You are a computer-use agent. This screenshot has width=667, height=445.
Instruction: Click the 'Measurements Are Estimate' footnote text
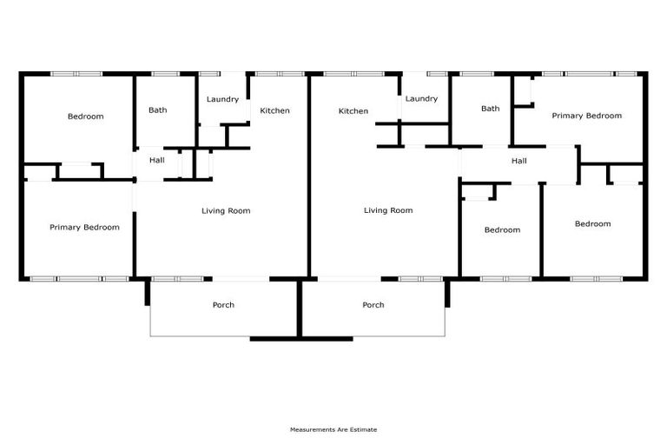point(333,429)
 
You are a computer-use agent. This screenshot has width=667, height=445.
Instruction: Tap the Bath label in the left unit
point(157,110)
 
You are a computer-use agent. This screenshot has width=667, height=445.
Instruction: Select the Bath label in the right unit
point(491,109)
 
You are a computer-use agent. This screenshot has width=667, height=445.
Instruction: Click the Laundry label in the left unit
point(222,99)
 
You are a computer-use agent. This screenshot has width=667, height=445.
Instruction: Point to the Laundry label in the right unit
point(421,99)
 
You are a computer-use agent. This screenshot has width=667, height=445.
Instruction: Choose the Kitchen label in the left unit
point(275,110)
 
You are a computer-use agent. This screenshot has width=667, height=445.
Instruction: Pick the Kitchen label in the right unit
point(353,111)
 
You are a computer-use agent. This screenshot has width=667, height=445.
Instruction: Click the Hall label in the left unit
point(157,160)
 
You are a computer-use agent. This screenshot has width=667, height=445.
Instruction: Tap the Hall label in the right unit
point(519,161)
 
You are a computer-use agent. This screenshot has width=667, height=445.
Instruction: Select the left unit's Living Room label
point(226,210)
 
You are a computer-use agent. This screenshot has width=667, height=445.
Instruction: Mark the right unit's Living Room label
point(388,210)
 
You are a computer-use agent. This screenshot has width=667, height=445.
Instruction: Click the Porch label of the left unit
point(223,305)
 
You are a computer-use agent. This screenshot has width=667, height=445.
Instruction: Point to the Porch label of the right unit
point(373,305)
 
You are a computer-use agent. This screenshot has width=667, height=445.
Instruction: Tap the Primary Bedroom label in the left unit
point(84,227)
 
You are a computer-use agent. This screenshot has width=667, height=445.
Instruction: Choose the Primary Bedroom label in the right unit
point(587,116)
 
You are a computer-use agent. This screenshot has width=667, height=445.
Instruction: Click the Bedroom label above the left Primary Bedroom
point(85,116)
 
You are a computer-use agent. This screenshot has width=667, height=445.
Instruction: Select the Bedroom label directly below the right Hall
point(502,230)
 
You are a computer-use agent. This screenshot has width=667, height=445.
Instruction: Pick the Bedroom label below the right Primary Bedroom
point(592,224)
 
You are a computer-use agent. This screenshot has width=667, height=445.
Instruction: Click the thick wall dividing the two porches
point(300,309)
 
